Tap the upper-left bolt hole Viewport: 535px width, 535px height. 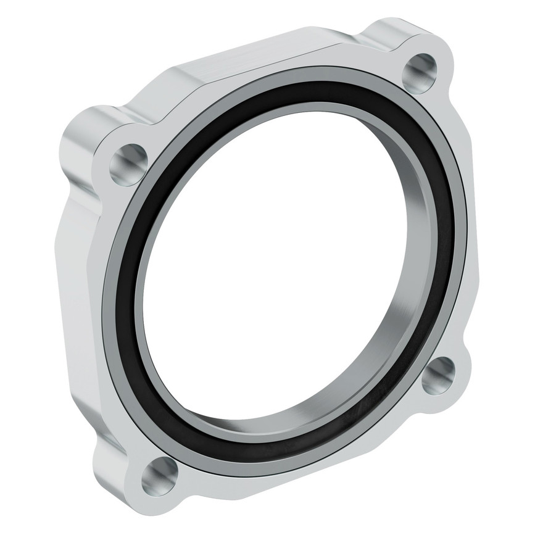[128, 164]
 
